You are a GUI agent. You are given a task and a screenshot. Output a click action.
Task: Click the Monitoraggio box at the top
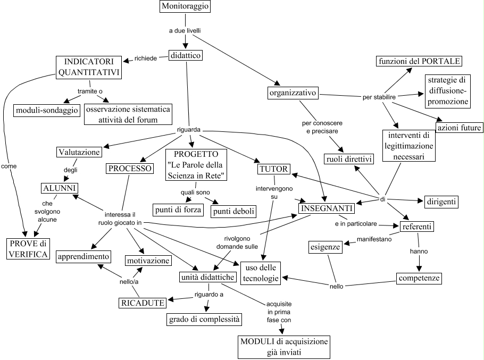[185, 7]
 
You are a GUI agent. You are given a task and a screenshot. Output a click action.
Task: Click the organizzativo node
[293, 93]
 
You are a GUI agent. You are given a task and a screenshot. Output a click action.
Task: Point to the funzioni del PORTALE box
[419, 61]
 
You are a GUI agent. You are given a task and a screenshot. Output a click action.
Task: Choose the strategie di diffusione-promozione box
[446, 90]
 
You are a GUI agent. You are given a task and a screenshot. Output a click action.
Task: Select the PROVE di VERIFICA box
[28, 249]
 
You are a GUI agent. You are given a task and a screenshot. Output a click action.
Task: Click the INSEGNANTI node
[326, 208]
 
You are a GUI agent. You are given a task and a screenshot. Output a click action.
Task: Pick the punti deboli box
[233, 211]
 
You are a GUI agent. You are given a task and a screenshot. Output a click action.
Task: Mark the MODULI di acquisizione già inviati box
[283, 346]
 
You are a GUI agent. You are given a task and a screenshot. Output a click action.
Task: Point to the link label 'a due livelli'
[185, 31]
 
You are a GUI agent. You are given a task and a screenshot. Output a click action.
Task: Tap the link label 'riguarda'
[189, 129]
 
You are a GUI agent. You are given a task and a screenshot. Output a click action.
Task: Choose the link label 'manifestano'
[374, 239]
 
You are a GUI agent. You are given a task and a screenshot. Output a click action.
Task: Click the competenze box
[420, 278]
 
